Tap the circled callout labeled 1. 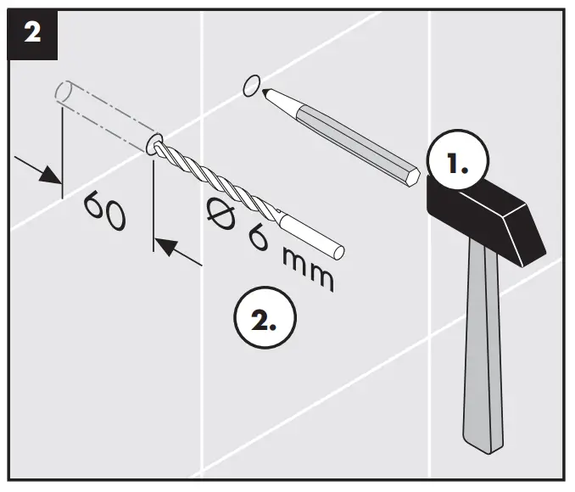pyautogui.click(x=457, y=164)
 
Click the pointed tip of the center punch pyautogui.click(x=265, y=91)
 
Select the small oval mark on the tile pyautogui.click(x=251, y=85)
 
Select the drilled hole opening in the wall pyautogui.click(x=155, y=144)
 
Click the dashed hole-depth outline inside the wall pyautogui.click(x=103, y=114)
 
